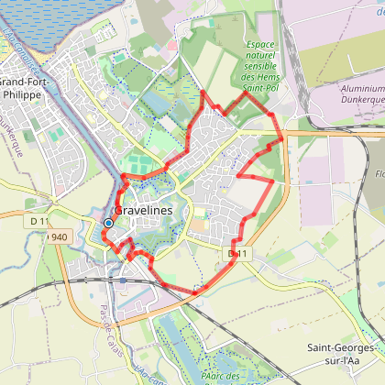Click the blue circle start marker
[108, 223]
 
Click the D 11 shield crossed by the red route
[236, 252]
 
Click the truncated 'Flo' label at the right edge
[378, 170]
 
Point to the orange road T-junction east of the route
[285, 133]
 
